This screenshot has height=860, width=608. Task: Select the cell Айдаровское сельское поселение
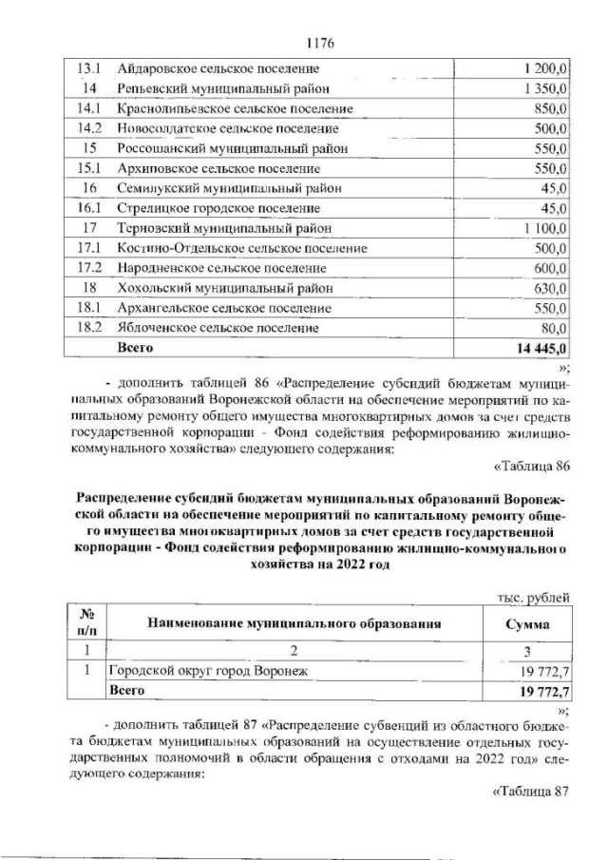coord(218,68)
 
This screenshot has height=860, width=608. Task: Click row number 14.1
coord(88,108)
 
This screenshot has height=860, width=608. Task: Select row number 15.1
coord(88,168)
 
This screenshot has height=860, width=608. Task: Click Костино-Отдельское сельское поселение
coord(241,248)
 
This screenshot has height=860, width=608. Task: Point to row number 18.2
coord(88,328)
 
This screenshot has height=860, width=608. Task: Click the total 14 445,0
coord(541,349)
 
